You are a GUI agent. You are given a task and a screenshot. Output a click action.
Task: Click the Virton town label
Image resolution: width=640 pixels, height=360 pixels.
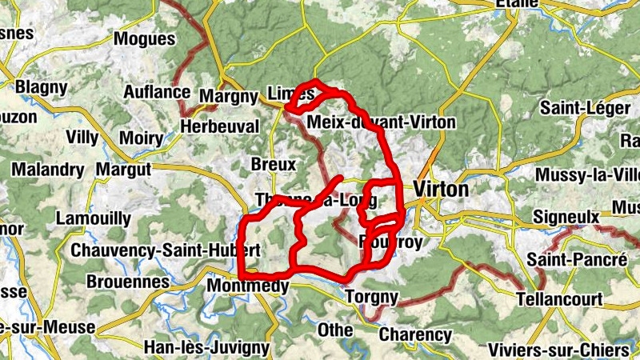(442, 190)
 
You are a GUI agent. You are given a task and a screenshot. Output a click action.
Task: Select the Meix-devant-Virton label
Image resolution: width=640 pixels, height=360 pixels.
(381, 122)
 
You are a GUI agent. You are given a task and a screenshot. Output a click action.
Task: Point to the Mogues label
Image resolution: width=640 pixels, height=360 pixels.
(145, 38)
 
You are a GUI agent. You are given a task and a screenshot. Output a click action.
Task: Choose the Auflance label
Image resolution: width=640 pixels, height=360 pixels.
(157, 92)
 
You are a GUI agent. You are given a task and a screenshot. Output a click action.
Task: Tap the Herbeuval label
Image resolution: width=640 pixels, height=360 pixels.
(221, 126)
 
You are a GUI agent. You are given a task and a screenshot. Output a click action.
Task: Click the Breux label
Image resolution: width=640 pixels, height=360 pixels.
(273, 164)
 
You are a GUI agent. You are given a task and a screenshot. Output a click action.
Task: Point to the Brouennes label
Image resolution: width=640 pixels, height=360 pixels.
(129, 282)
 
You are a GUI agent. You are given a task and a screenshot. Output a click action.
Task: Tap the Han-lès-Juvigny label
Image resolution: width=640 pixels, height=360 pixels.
(206, 347)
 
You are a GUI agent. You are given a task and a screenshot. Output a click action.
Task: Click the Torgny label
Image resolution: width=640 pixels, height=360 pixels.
(371, 297)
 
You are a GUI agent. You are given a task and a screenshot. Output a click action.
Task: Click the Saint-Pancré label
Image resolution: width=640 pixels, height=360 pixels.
(577, 260)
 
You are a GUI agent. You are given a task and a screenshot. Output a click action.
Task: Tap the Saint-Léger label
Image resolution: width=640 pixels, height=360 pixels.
(581, 107)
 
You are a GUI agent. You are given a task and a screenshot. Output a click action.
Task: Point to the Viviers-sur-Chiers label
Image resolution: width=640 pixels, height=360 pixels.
(558, 350)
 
